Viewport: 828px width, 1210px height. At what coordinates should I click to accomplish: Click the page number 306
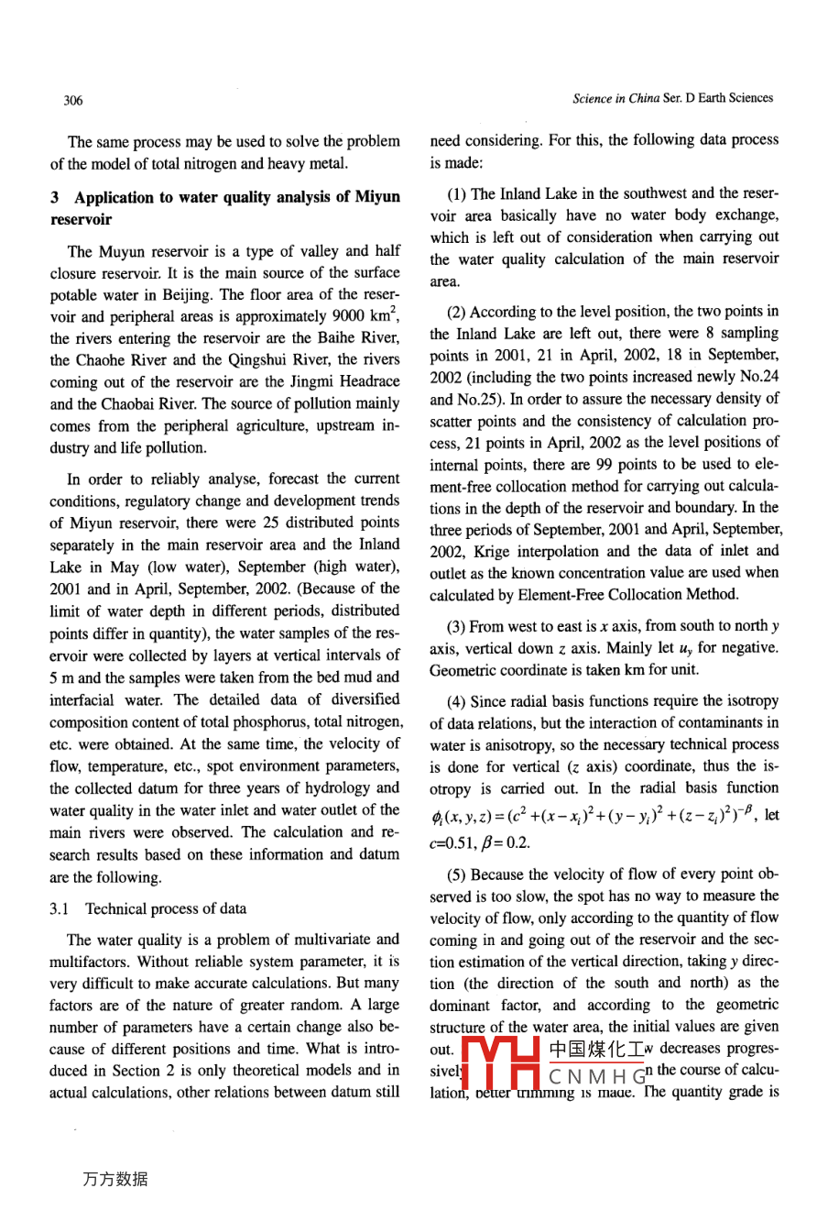[73, 101]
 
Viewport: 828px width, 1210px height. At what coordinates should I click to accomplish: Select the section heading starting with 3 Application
[224, 208]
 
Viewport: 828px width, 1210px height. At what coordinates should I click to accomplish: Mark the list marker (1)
[457, 193]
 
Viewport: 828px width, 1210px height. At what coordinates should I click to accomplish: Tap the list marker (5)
[457, 874]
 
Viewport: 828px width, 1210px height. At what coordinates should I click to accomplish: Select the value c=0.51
[450, 842]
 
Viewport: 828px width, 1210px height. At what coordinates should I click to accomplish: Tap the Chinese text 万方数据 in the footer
[114, 1180]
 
